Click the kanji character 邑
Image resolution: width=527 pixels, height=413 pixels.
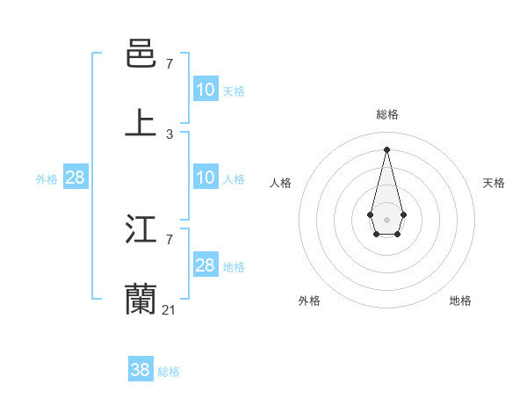141,55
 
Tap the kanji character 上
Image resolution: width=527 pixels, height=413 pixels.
141,124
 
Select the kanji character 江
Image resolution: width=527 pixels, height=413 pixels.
141,231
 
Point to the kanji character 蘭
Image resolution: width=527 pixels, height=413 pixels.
141,300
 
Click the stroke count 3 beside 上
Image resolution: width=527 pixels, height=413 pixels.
170,134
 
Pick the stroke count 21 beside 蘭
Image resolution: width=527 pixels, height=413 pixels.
170,309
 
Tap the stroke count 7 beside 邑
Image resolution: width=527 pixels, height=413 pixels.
170,64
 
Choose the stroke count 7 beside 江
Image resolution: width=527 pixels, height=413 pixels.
170,240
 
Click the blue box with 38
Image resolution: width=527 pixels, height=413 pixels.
141,371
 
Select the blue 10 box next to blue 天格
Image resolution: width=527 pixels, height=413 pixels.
206,90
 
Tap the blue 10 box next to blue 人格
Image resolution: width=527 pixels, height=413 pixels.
206,178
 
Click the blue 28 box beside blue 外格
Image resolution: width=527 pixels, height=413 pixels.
76,178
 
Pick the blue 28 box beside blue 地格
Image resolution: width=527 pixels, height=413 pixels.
206,265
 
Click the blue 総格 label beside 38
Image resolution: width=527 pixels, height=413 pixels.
169,372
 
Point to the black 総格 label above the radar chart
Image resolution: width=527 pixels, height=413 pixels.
387,114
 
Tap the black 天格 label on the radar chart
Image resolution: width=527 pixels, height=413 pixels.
494,183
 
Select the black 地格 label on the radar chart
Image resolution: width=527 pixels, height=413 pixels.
460,301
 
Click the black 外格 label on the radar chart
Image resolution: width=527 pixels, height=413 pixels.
309,301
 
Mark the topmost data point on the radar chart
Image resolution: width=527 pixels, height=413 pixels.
386,149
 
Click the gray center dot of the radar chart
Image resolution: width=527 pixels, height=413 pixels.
386,218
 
